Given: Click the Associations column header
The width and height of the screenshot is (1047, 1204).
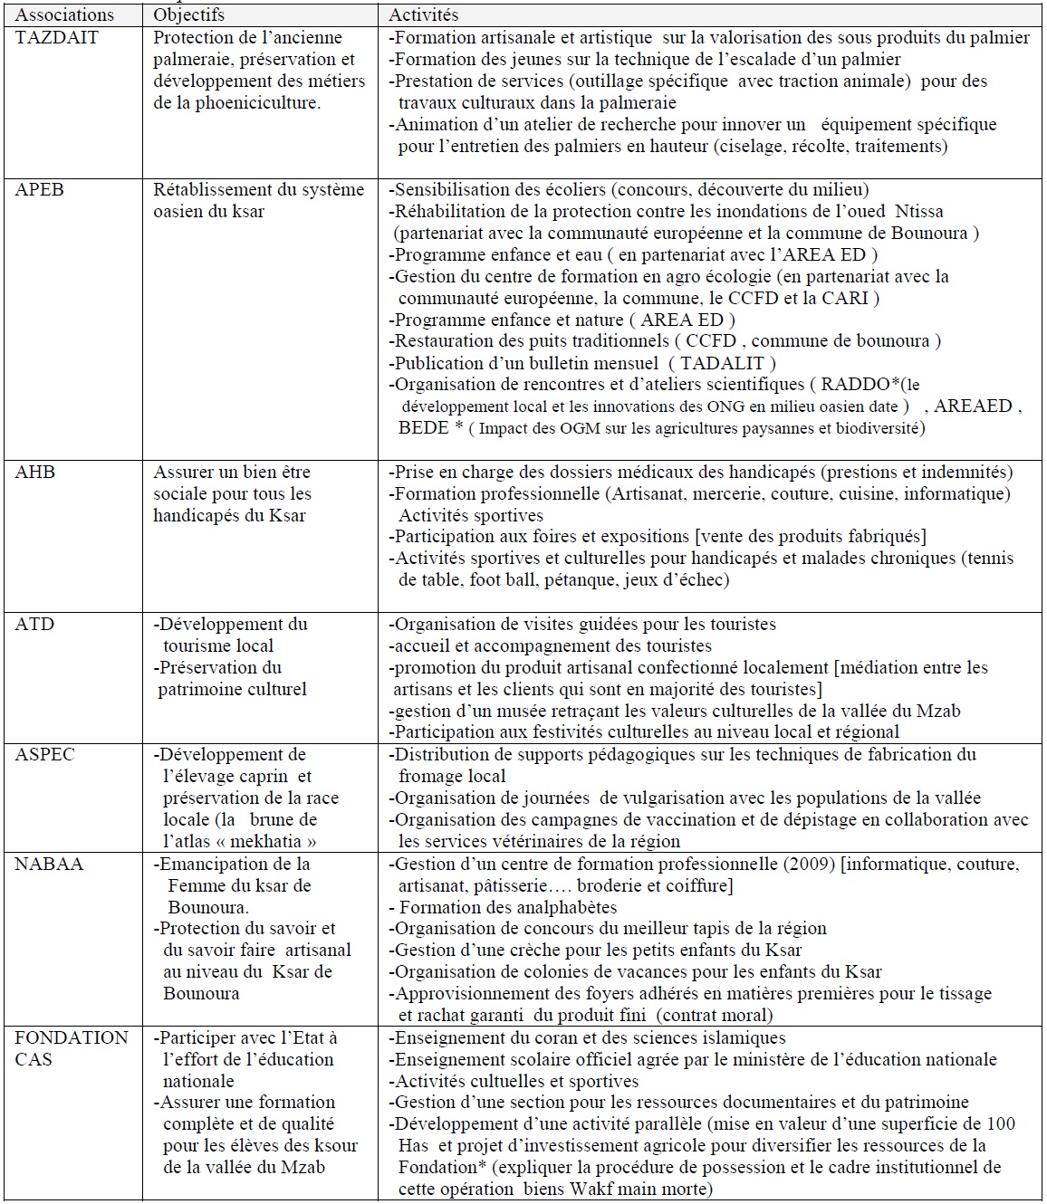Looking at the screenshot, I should (x=65, y=15).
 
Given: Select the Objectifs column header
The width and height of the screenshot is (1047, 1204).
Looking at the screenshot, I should (x=188, y=15).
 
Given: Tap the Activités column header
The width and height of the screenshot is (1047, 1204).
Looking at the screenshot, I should (x=424, y=15).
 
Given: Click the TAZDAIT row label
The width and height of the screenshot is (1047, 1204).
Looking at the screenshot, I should (x=56, y=38).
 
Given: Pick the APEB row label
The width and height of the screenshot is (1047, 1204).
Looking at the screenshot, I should (x=39, y=190).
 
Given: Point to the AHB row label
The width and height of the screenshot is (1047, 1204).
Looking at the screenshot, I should (x=35, y=473).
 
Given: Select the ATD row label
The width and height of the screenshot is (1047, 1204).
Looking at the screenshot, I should (x=34, y=625).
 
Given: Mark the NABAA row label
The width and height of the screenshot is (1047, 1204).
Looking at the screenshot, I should (x=49, y=865).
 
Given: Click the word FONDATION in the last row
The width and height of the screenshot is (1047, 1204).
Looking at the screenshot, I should (x=72, y=1038).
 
